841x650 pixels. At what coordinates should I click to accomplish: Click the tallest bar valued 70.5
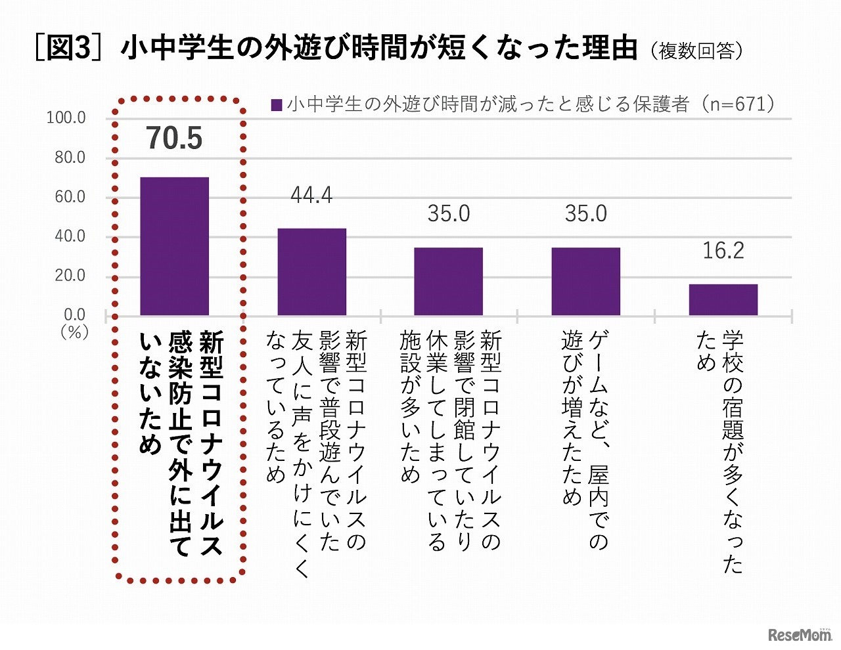pos(174,246)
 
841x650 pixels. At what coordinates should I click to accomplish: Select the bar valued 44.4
pos(311,272)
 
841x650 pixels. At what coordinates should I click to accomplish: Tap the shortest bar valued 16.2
pos(723,299)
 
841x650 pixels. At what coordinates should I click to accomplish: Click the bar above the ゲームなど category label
pos(585,281)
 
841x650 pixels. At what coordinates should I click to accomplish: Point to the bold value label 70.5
pos(174,139)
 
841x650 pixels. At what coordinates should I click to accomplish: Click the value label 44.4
pos(311,196)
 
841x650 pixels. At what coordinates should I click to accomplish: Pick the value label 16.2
pos(723,251)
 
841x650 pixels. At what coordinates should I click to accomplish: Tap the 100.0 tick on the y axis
pos(66,118)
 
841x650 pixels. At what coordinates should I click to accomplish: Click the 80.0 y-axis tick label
pos(70,158)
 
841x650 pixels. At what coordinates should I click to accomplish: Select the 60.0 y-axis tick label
pos(70,197)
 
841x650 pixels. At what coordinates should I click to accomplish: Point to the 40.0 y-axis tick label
pos(70,236)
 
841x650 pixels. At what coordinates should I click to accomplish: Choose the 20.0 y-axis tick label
pos(70,276)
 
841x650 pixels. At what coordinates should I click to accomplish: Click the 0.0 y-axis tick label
pos(74,314)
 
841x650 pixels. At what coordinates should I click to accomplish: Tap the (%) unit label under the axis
pos(74,332)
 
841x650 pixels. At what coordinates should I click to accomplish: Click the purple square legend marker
pos(277,105)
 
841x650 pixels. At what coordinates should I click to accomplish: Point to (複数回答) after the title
pos(696,51)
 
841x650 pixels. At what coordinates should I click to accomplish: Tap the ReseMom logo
pos(799,634)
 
